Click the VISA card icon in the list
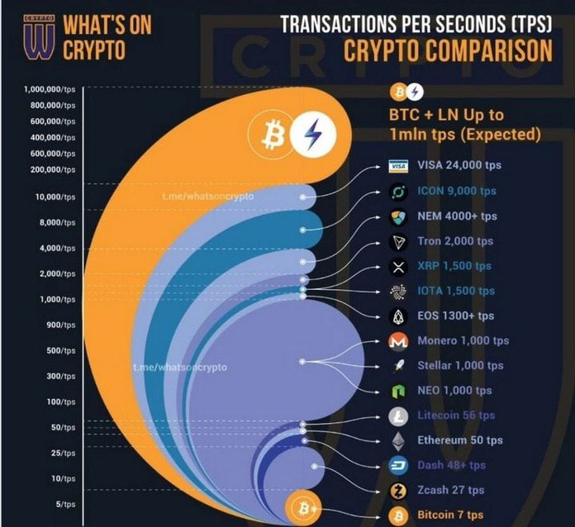(x=399, y=166)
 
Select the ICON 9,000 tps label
(x=457, y=191)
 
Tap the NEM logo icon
(x=399, y=216)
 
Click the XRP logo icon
(x=399, y=267)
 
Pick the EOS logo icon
(x=399, y=316)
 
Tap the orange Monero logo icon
(x=399, y=341)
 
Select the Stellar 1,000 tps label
(x=460, y=366)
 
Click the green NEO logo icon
(x=399, y=391)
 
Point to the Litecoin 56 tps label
(x=457, y=415)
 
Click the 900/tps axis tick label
(x=61, y=325)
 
